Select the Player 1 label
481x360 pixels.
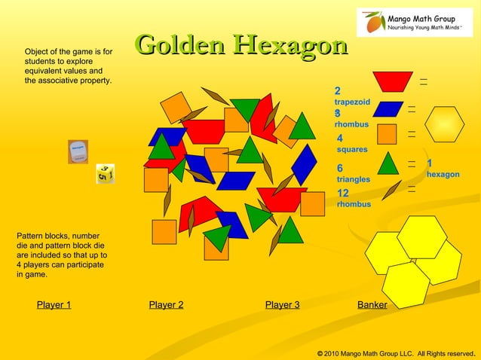[x=54, y=305]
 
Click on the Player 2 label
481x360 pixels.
[x=166, y=305]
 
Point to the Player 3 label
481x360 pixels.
[x=282, y=305]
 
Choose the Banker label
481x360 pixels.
[x=372, y=305]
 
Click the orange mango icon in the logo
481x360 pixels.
[x=372, y=23]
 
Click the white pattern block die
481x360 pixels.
[x=78, y=151]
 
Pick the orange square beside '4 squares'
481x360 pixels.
[x=387, y=134]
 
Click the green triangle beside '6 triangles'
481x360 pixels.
[x=388, y=163]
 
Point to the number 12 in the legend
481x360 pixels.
[x=343, y=193]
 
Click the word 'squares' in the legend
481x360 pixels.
[x=352, y=150]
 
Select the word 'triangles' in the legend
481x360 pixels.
[x=353, y=180]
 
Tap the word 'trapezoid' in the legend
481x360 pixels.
[x=352, y=101]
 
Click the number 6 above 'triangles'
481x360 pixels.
[x=340, y=168]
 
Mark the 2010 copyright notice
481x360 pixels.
[x=396, y=352]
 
